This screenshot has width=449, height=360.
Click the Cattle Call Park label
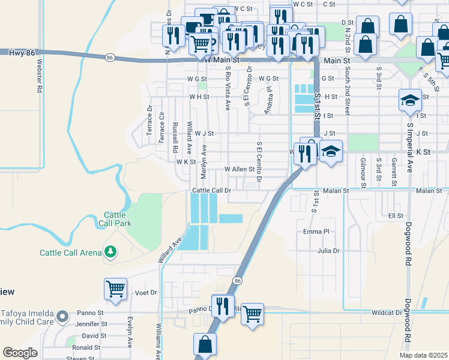114,219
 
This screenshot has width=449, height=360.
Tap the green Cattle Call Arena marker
110,252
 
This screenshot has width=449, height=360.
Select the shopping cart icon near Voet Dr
115,289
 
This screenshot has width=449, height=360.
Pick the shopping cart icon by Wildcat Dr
253,314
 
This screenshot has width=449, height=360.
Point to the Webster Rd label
40,75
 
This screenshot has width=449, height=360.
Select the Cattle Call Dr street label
211,190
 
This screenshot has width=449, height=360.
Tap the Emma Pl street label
316,232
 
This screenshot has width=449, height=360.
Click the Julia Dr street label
328,251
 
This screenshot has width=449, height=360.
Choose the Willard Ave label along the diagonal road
170,253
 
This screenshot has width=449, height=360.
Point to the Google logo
20,353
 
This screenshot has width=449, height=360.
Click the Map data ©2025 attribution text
423,355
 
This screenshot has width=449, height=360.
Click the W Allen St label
240,170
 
